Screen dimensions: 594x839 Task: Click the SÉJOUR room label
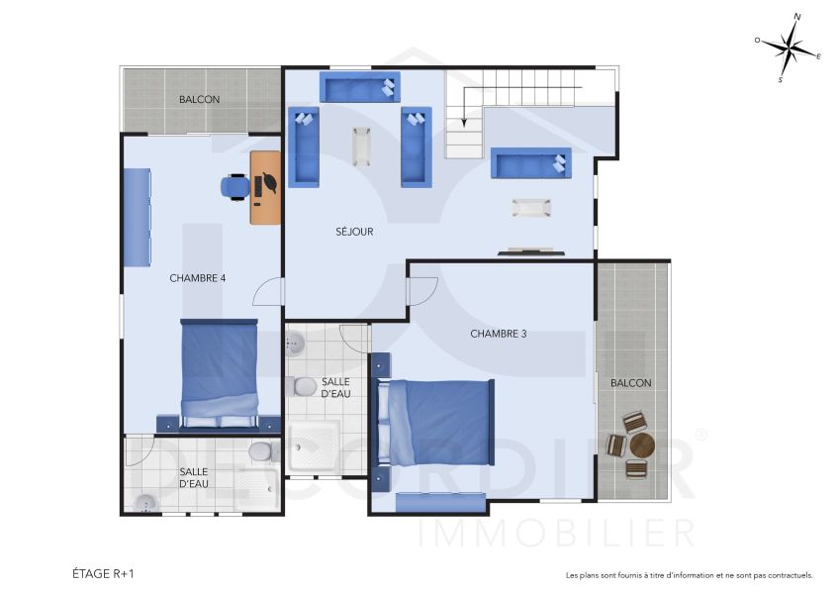(353, 232)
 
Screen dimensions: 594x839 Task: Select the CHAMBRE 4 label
(198, 278)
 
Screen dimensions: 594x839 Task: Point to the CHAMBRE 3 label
(498, 334)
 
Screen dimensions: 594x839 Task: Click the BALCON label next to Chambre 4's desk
(199, 100)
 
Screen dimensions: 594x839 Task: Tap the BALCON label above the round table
(630, 382)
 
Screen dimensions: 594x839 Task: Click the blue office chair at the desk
(235, 185)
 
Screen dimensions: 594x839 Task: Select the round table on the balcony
(640, 445)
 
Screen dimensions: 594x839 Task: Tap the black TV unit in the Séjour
(531, 252)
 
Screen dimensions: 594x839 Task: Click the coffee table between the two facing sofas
(360, 146)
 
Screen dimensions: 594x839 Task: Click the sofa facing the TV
(531, 162)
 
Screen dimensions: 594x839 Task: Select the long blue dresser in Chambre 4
(137, 216)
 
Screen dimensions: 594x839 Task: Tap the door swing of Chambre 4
(268, 292)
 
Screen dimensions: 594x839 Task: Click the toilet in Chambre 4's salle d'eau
(260, 452)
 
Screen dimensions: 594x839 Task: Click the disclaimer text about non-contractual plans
(689, 574)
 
